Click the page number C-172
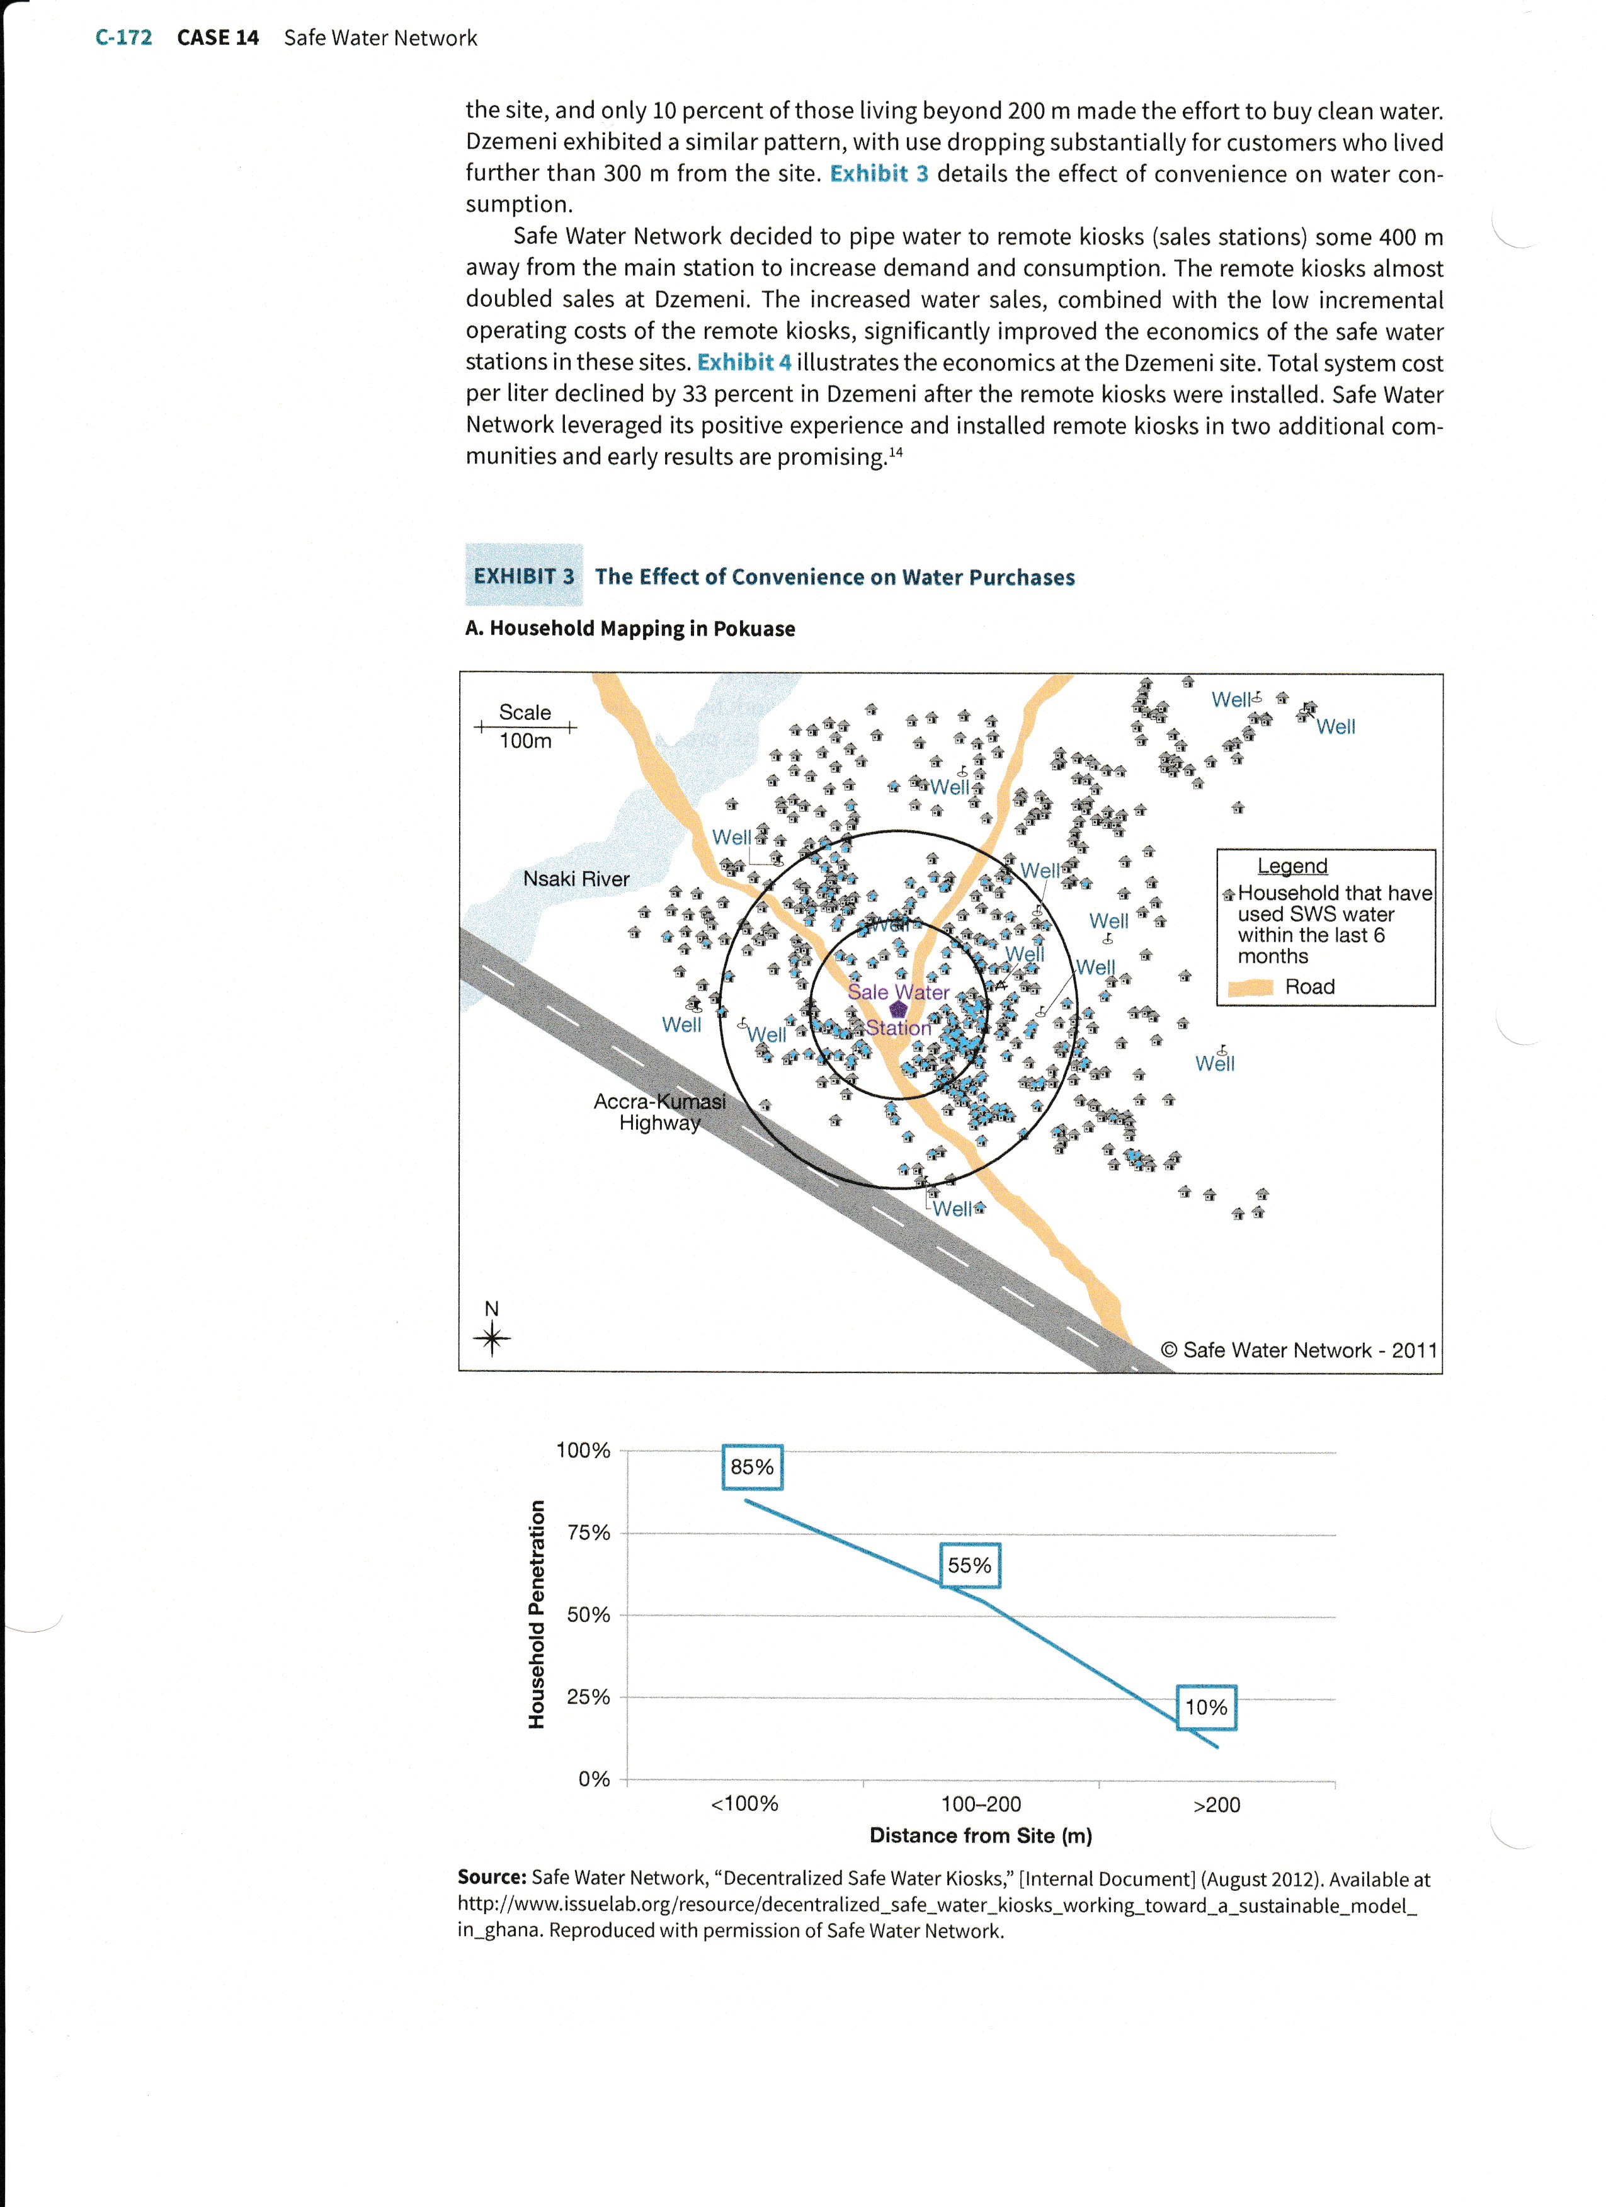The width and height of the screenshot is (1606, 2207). (x=123, y=38)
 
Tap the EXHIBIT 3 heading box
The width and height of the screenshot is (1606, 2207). (x=523, y=576)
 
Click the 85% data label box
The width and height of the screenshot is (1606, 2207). (x=752, y=1466)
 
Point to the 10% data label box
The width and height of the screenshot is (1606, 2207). (x=1205, y=1707)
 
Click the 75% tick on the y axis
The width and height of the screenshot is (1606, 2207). (x=588, y=1532)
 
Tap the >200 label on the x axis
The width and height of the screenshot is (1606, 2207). (x=1216, y=1804)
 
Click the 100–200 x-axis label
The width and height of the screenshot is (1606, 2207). (x=981, y=1804)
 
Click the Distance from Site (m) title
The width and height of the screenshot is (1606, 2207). (x=981, y=1835)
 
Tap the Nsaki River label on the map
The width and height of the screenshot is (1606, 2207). (x=576, y=879)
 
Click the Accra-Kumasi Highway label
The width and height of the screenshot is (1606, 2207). (x=659, y=1111)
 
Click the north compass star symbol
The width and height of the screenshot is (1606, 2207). (x=493, y=1339)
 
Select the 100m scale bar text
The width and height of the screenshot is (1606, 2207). (x=525, y=741)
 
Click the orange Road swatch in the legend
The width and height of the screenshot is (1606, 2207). (x=1250, y=987)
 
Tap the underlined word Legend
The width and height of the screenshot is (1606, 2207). (x=1292, y=865)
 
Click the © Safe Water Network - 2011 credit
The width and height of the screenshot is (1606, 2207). (x=1299, y=1350)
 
